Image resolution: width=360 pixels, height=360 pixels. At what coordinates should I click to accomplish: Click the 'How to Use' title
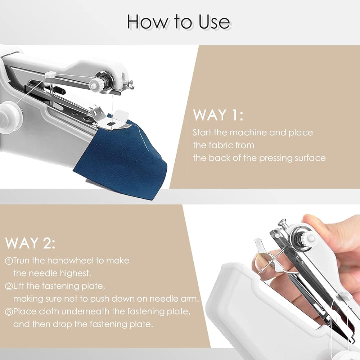point(179,22)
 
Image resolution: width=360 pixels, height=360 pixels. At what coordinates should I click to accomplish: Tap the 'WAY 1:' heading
point(218,115)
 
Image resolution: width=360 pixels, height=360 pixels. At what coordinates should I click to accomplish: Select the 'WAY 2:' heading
point(30,243)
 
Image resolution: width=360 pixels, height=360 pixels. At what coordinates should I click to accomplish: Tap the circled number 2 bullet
point(9,287)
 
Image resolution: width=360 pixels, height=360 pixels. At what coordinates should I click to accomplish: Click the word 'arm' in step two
point(190,299)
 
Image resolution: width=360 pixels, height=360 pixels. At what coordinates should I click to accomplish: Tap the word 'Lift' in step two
point(19,286)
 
